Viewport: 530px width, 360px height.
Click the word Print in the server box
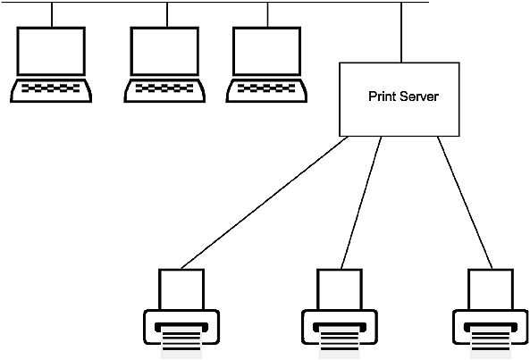click(382, 96)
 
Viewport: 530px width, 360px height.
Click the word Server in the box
click(419, 96)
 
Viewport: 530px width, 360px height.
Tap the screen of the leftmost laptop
click(51, 51)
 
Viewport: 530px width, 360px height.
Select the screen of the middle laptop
click(164, 51)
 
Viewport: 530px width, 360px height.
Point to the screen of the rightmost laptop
click(267, 51)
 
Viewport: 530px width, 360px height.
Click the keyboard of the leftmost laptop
click(51, 90)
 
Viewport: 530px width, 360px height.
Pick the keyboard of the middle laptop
click(164, 90)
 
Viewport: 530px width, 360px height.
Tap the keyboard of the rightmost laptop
click(266, 90)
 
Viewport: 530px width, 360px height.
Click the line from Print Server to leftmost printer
click(265, 203)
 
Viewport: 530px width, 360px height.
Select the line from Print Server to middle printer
click(361, 203)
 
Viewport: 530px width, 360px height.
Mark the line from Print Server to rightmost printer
click(465, 203)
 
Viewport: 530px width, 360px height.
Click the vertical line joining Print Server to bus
click(401, 32)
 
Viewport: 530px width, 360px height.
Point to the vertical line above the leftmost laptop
click(52, 15)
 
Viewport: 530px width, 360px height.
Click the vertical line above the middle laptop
click(167, 15)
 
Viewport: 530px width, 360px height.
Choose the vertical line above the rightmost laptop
click(268, 15)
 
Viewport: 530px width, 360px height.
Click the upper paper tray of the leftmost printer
click(181, 289)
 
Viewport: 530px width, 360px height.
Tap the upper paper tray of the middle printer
click(340, 289)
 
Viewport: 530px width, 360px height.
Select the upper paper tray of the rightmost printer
click(491, 289)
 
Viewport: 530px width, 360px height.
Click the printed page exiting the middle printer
click(340, 342)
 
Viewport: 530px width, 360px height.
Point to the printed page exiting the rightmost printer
click(491, 342)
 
